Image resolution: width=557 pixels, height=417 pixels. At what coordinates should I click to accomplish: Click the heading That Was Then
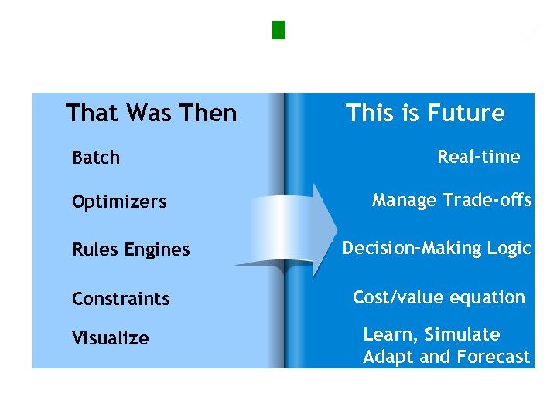pos(151,114)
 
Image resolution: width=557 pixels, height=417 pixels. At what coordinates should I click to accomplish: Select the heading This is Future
pos(425,114)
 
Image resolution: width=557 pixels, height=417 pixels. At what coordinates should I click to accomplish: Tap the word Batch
pos(96,158)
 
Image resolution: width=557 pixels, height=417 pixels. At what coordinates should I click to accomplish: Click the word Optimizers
pos(119,202)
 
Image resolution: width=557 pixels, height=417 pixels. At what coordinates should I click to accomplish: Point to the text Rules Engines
pos(131,249)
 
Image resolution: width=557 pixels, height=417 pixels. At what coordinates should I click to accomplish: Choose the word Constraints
pos(121,299)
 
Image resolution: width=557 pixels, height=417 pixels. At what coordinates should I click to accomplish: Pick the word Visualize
pos(111,338)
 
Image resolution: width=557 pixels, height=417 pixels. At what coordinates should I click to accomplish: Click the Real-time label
pos(478,158)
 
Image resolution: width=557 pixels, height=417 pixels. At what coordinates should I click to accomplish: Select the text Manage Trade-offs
pos(451,201)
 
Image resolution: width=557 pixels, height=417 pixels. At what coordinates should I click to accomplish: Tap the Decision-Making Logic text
pos(436,248)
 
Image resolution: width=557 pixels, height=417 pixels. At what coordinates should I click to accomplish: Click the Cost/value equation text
pos(439,297)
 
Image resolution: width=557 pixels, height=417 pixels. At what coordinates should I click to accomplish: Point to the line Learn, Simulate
pos(432,334)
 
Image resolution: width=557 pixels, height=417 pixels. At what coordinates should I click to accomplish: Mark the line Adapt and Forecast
pos(446,357)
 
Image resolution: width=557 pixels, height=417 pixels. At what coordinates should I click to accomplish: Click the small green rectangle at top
pos(279,30)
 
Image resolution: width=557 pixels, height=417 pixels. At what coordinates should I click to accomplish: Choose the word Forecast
pos(493,357)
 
